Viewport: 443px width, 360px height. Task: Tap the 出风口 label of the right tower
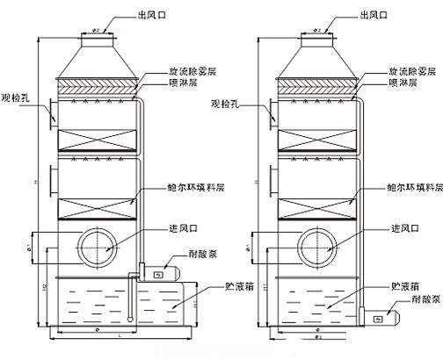(375, 14)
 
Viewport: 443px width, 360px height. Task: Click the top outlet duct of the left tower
(97, 34)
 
